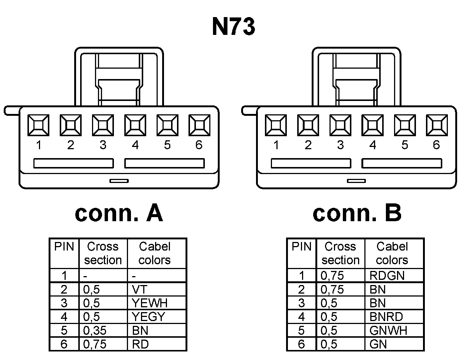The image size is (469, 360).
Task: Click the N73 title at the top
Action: click(x=233, y=27)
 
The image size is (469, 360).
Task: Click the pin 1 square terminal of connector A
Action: click(x=39, y=125)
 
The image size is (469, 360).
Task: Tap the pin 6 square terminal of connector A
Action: click(x=199, y=125)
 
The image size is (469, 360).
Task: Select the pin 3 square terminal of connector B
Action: click(x=340, y=125)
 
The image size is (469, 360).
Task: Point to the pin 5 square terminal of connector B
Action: click(x=404, y=125)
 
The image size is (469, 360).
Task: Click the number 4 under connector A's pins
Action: click(x=135, y=145)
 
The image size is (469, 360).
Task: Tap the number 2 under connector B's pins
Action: click(x=308, y=145)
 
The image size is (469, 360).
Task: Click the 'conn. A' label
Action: click(x=119, y=213)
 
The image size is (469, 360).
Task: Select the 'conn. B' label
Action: click(x=357, y=213)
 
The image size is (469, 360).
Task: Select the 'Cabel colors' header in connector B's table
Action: click(x=392, y=253)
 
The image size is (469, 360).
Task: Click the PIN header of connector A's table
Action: click(x=64, y=247)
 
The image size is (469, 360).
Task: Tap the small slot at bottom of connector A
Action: click(x=119, y=181)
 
